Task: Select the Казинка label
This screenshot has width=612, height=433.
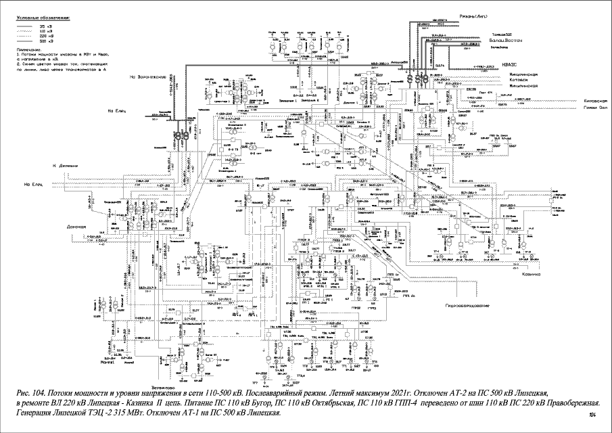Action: coord(532,275)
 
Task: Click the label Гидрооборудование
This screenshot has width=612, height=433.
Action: coord(467,306)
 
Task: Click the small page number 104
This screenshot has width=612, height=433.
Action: coord(592,415)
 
